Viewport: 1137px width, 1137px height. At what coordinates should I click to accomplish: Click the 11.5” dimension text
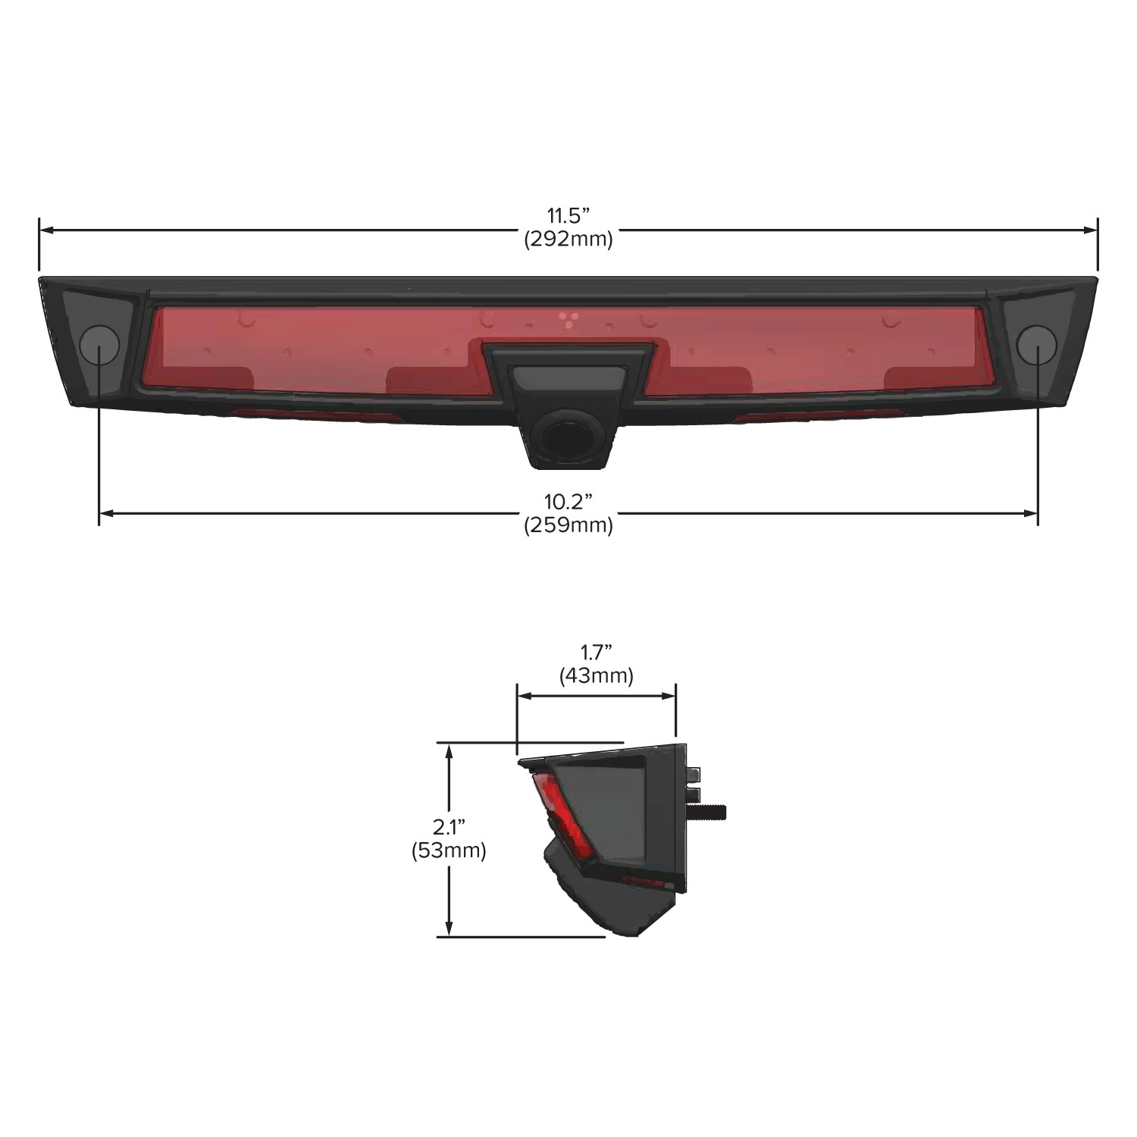568,216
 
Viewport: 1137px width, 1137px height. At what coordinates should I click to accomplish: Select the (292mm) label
568,240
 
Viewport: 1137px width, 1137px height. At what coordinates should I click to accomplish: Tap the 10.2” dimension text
568,501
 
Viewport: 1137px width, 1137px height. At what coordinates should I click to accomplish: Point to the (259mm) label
568,525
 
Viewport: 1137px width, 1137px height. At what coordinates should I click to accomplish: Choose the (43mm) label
597,675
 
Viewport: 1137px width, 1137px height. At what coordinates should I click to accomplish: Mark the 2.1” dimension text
449,827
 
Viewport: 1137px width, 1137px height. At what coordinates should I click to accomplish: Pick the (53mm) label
449,850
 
